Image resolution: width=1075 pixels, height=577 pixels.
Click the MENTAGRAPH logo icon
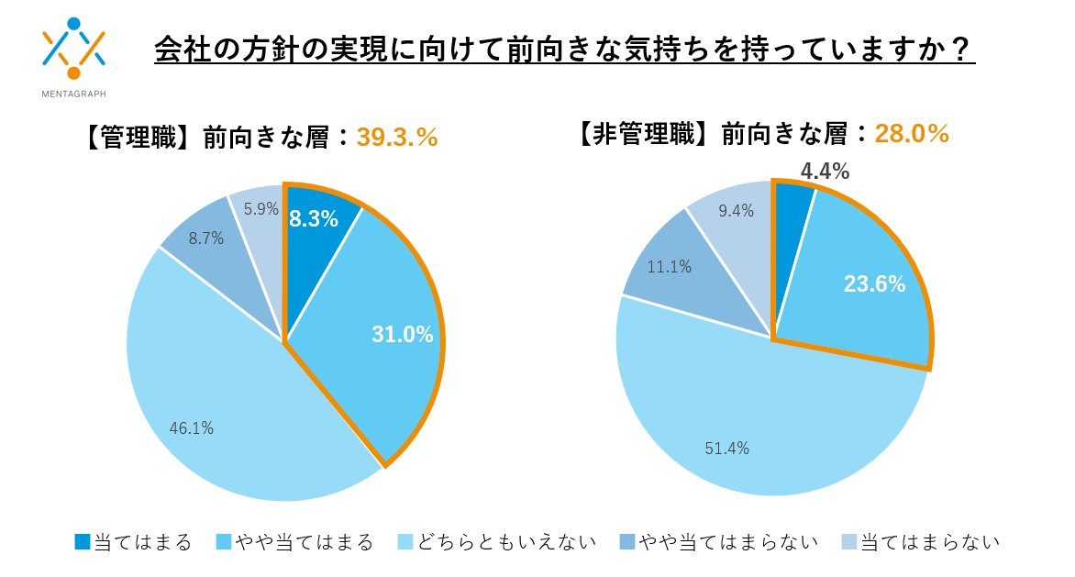73,49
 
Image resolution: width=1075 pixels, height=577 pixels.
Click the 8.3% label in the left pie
313,219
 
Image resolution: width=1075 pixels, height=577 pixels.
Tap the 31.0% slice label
402,335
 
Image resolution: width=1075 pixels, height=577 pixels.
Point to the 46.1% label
192,428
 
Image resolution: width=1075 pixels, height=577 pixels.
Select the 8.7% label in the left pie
205,238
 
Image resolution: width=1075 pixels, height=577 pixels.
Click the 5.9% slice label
260,209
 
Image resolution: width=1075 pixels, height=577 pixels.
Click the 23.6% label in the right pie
874,284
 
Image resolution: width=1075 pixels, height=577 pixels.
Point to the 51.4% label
726,449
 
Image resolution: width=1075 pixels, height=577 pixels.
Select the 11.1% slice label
669,267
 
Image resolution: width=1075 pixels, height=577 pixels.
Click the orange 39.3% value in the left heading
396,137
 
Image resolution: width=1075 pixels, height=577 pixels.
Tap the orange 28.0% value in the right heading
911,134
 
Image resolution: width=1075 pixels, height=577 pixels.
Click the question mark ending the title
961,50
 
